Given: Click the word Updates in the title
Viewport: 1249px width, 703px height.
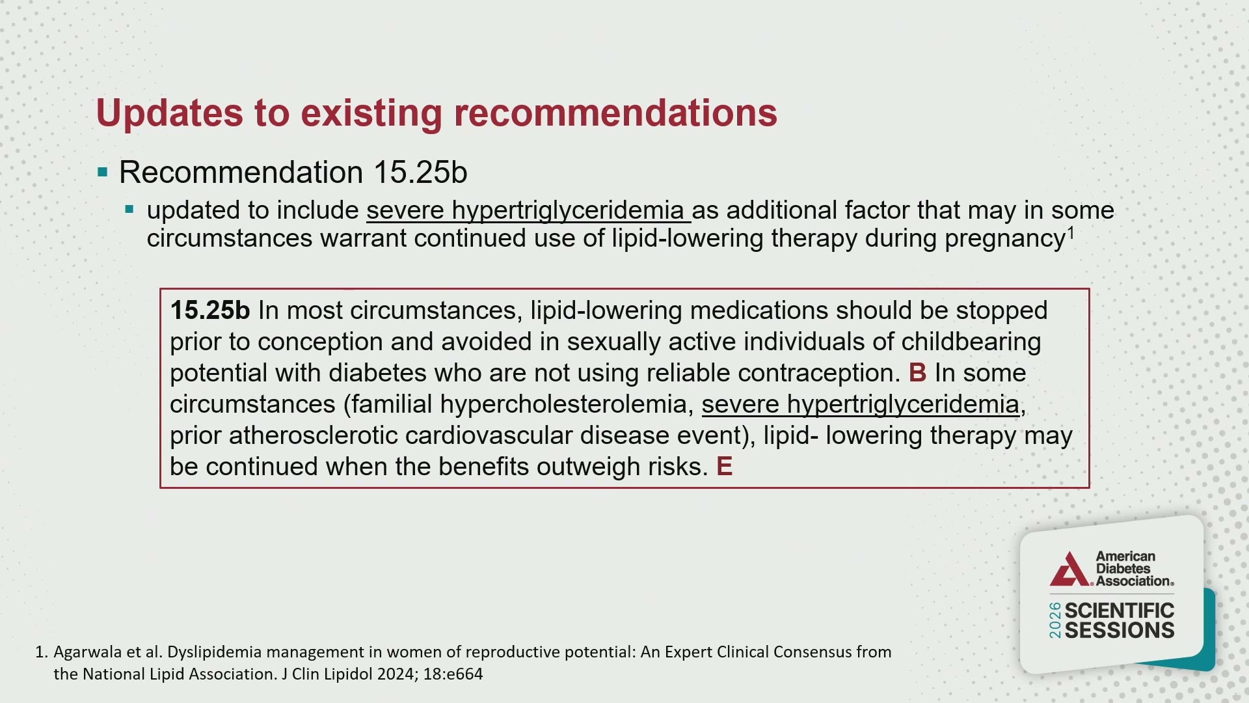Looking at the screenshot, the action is [x=170, y=113].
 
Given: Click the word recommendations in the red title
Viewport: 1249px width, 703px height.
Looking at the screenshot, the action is [x=615, y=113].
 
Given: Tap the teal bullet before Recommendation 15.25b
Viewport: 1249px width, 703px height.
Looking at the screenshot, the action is [x=102, y=172].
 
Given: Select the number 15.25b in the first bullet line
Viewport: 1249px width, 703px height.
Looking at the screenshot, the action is [x=420, y=172].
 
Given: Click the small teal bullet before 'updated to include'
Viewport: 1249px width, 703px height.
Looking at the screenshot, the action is [x=129, y=210].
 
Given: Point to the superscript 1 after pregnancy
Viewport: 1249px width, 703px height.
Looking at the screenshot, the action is [x=1070, y=232].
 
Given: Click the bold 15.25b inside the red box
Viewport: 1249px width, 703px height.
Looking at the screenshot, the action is [x=210, y=310].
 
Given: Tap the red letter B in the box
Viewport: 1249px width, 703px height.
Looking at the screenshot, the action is [x=917, y=373].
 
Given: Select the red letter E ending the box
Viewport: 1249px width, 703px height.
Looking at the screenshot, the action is [x=724, y=467].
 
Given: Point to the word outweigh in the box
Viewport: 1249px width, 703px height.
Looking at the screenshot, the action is [x=589, y=467].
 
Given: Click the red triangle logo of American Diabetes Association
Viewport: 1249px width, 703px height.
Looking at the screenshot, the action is [x=1069, y=570].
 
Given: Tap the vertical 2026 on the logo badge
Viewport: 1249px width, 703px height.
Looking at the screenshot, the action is [x=1054, y=620].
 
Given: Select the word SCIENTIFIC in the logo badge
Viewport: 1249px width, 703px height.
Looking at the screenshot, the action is [x=1120, y=611].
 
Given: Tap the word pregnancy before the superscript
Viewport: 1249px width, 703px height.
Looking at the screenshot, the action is [x=1004, y=239].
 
